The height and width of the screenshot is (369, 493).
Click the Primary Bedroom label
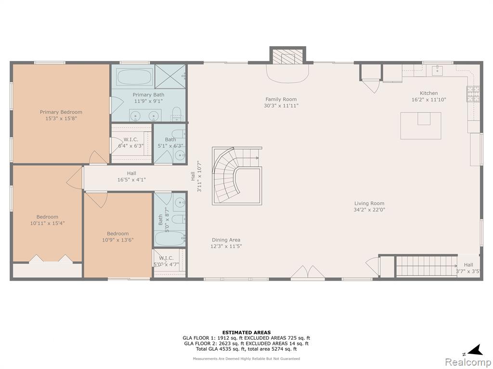click(x=61, y=112)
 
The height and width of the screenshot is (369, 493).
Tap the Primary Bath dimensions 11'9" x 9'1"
click(x=148, y=101)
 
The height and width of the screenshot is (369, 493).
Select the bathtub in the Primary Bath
click(x=134, y=77)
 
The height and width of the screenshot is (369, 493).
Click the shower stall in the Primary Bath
click(x=170, y=76)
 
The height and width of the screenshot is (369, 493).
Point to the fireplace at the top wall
click(x=288, y=56)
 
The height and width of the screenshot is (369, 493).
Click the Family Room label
click(x=281, y=99)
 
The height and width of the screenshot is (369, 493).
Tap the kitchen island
click(x=421, y=125)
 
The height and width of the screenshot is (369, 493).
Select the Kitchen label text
click(x=429, y=93)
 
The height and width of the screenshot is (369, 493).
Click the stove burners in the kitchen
click(x=473, y=94)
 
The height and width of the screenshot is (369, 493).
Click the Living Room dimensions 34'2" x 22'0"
click(x=369, y=209)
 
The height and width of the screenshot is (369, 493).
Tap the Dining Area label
click(x=226, y=240)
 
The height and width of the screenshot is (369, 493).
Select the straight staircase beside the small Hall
click(x=426, y=266)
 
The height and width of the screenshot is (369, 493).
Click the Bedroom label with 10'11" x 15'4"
click(x=48, y=217)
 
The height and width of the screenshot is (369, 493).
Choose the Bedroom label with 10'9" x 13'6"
click(x=118, y=234)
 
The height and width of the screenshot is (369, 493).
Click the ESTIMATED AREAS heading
click(x=246, y=332)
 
